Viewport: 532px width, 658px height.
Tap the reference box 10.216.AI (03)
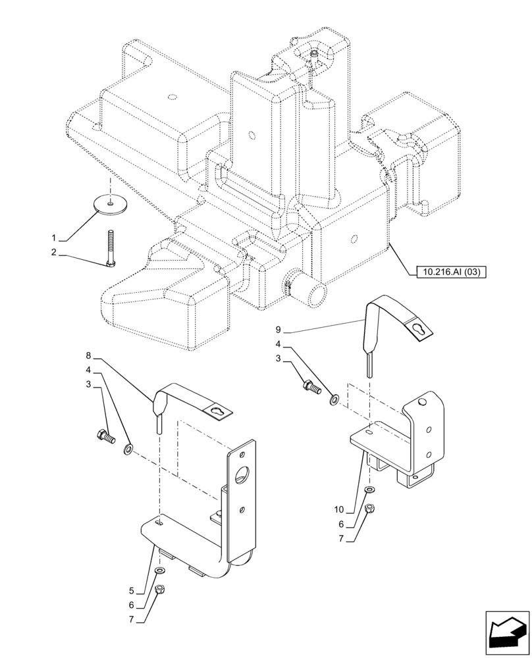point(450,271)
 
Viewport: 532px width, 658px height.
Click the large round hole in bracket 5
point(242,474)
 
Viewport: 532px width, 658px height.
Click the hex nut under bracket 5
point(159,590)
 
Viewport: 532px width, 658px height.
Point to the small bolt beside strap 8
point(105,435)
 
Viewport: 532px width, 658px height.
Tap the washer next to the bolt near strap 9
point(334,398)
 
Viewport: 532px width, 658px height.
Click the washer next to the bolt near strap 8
point(128,449)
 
